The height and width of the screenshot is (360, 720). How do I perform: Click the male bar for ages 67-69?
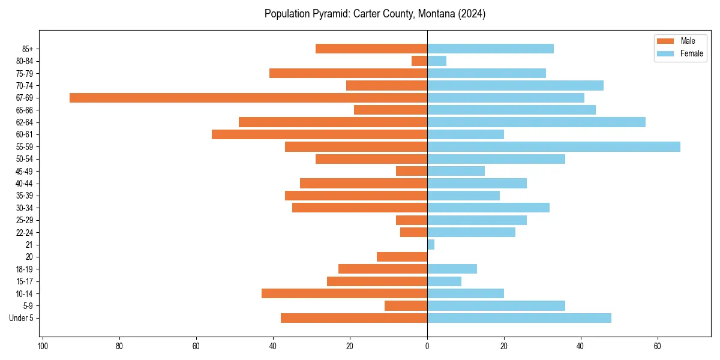click(x=248, y=98)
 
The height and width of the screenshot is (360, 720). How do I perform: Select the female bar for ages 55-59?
click(x=553, y=147)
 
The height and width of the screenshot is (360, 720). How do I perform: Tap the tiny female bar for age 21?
click(x=431, y=245)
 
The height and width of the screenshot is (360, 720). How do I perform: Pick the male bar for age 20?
click(x=402, y=257)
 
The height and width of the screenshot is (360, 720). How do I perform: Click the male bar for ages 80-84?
click(x=419, y=61)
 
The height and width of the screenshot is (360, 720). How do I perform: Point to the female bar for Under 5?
click(x=519, y=318)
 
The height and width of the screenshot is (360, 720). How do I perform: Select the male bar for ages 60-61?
click(x=319, y=134)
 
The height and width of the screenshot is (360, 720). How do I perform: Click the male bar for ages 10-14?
click(x=344, y=293)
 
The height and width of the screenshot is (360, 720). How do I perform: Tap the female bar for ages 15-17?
click(x=444, y=281)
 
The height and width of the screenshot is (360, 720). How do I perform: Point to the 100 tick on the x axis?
click(x=43, y=346)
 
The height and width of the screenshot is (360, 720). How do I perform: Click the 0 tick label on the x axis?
click(x=427, y=346)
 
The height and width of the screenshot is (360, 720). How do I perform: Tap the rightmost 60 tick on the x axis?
click(x=658, y=346)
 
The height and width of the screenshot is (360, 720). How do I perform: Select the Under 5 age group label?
click(x=21, y=318)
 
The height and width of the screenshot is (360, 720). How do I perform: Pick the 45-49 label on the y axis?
click(x=24, y=172)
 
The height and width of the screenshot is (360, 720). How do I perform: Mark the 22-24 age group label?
click(x=24, y=233)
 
